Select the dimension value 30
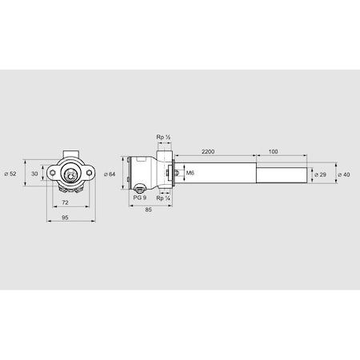click(34, 173)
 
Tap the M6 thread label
click(190, 173)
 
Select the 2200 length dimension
click(210, 150)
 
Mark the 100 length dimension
click(274, 150)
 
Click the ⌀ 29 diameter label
click(321, 173)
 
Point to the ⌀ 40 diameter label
click(345, 173)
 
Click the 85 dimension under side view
click(150, 210)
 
